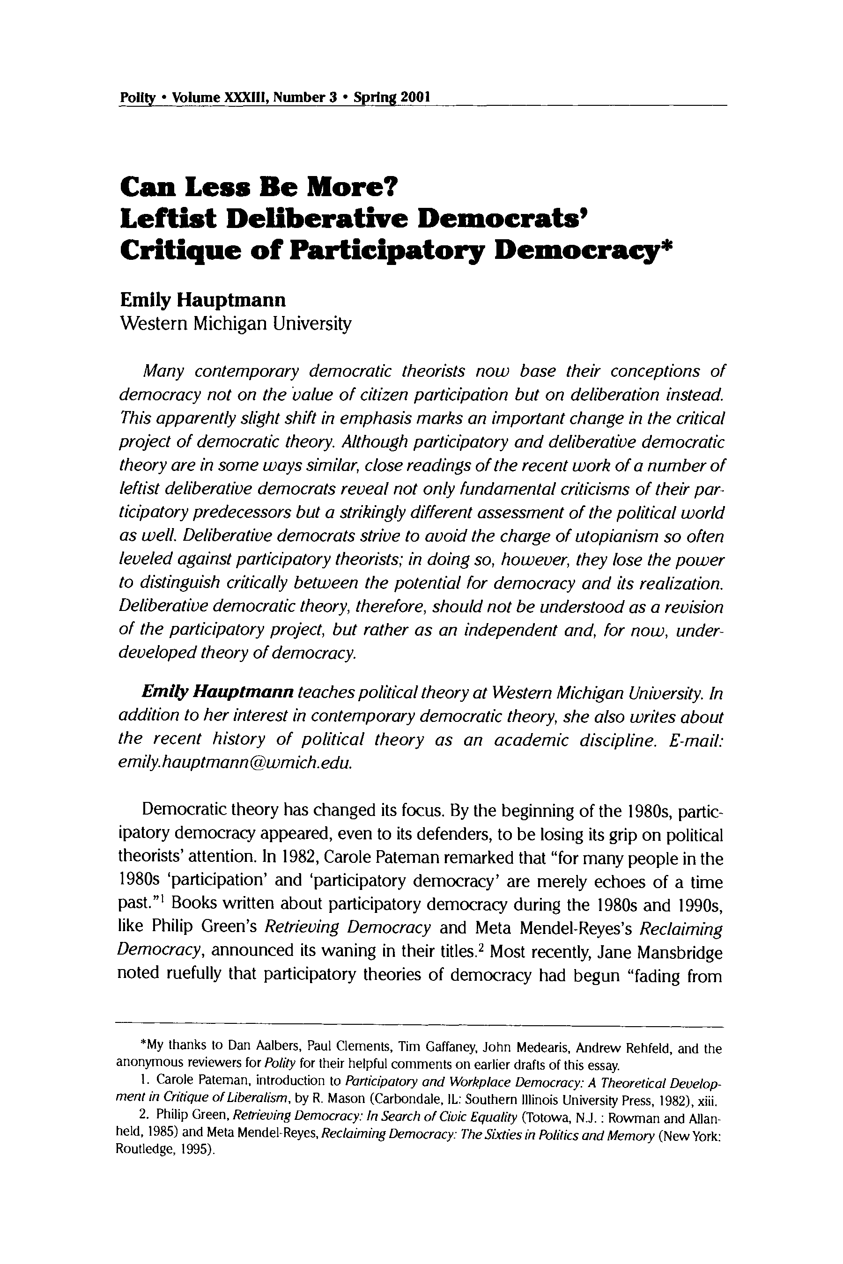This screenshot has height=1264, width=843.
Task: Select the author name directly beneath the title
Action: pos(203,299)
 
